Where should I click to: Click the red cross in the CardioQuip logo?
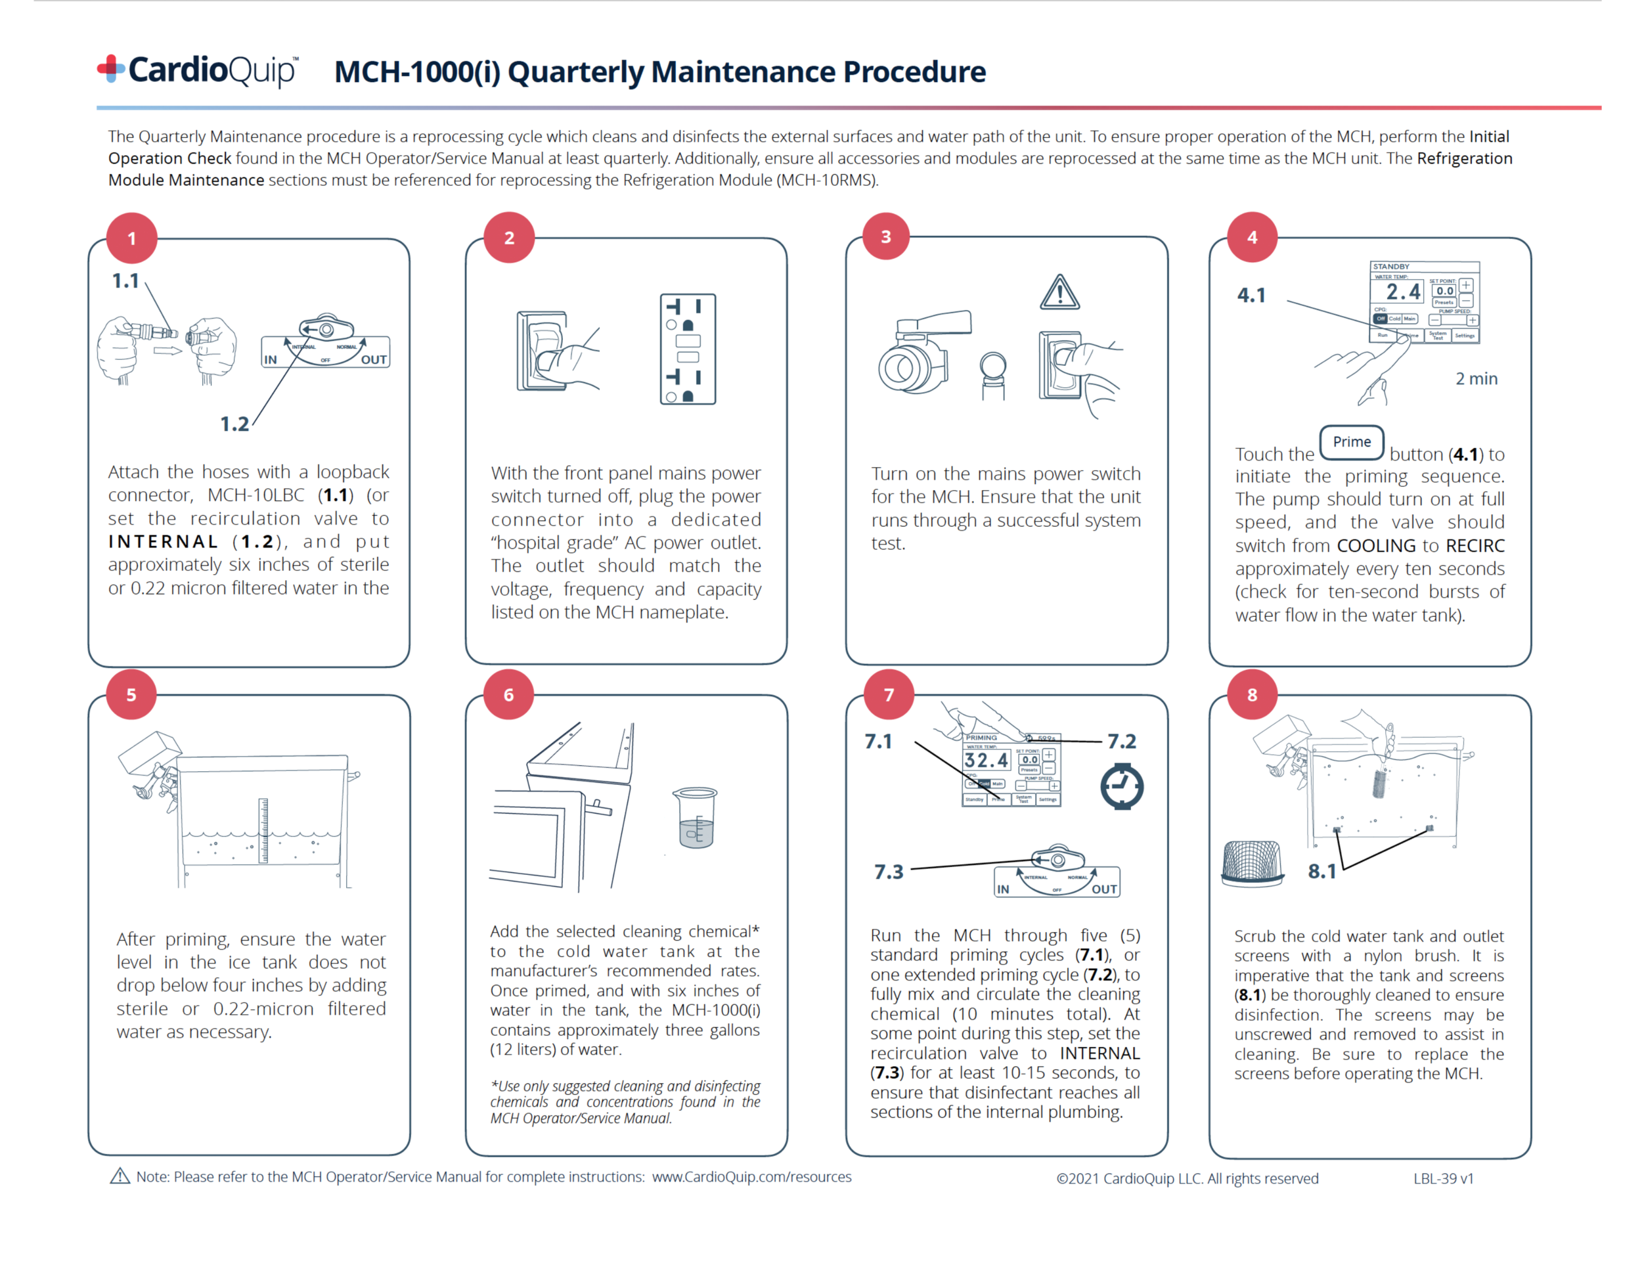pyautogui.click(x=110, y=68)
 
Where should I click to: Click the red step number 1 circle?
pyautogui.click(x=131, y=238)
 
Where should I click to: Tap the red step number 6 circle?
pyautogui.click(x=509, y=695)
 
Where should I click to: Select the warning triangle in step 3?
pyautogui.click(x=1060, y=293)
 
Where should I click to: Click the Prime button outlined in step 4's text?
pyautogui.click(x=1351, y=442)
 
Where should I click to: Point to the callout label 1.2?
pyautogui.click(x=234, y=424)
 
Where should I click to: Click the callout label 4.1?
pyautogui.click(x=1251, y=296)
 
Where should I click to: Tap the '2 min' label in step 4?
pyautogui.click(x=1476, y=379)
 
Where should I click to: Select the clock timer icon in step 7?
pyautogui.click(x=1122, y=786)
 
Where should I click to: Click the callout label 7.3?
pyautogui.click(x=888, y=872)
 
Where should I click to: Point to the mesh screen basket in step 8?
pyautogui.click(x=1252, y=863)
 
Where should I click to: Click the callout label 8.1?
pyautogui.click(x=1321, y=872)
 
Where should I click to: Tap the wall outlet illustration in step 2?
pyautogui.click(x=687, y=349)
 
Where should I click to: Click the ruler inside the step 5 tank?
pyautogui.click(x=263, y=831)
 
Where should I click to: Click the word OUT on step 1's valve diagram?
pyautogui.click(x=374, y=359)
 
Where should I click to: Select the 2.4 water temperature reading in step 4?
pyautogui.click(x=1403, y=292)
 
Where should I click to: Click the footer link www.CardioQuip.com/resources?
pyautogui.click(x=751, y=1176)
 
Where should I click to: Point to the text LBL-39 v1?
pyautogui.click(x=1443, y=1178)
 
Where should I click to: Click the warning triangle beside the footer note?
pyautogui.click(x=120, y=1176)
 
